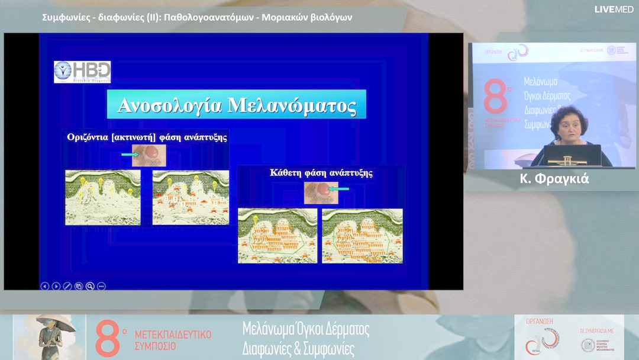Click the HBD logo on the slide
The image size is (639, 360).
(82, 72)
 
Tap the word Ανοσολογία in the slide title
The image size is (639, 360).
(170, 105)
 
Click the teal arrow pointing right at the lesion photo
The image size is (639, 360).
(129, 155)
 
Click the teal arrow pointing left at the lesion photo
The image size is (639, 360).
(340, 189)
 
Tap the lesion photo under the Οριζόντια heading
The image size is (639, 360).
(149, 155)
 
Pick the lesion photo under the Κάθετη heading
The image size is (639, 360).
(321, 192)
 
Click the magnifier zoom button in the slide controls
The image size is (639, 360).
(90, 286)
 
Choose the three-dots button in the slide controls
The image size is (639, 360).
(101, 286)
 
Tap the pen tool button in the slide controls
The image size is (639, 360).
(67, 286)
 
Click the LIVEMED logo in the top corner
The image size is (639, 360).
(614, 9)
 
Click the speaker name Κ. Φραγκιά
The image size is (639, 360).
(554, 179)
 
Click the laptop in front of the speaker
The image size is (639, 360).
(572, 155)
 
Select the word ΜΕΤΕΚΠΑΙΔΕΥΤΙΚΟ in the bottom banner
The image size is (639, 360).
(173, 335)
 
